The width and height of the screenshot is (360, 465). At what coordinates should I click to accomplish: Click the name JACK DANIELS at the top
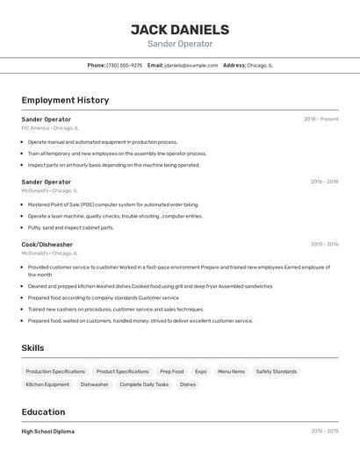pos(180,30)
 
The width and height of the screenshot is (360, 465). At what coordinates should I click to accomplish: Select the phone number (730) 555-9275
pos(124,65)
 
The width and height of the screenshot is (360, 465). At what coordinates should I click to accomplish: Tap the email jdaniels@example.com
pos(191,65)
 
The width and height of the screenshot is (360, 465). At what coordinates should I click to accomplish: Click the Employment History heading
pos(65,100)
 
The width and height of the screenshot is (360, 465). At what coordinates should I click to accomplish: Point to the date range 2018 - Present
pos(320,118)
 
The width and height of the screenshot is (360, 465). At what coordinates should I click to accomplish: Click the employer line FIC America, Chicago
pos(50,128)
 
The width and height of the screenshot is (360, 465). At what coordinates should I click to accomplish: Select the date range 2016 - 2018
pos(324,182)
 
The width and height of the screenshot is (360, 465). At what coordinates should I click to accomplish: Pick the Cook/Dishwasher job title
pos(47,245)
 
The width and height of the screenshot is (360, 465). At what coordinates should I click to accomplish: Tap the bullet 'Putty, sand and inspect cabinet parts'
pos(70,227)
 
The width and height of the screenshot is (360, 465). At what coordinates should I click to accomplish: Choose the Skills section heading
pos(32,348)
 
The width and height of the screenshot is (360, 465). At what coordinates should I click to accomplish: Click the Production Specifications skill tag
pos(55,371)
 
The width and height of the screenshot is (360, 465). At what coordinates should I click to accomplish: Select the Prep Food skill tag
pos(171,371)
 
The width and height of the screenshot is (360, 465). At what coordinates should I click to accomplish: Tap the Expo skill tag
pos(201,371)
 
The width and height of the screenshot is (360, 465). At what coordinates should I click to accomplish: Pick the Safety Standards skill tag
pos(277,371)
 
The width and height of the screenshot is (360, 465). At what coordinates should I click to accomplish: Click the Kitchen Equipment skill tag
pos(47,384)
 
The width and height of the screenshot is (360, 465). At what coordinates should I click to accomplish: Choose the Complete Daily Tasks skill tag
pos(144,384)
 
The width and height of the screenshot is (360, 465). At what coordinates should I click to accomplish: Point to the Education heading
pos(43,411)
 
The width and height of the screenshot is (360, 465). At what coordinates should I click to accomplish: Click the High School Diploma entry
pos(48,432)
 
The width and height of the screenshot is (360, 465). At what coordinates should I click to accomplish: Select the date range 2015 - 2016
pos(324,245)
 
